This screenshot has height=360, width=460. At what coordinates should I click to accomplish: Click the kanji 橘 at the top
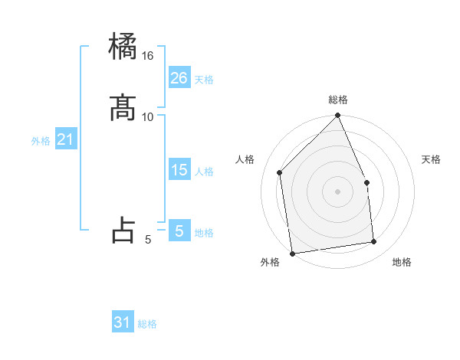(123, 47)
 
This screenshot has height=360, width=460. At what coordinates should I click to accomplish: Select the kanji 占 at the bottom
(123, 229)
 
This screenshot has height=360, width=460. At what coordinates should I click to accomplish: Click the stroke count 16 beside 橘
(148, 56)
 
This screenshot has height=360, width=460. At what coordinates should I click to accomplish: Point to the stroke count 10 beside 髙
(148, 116)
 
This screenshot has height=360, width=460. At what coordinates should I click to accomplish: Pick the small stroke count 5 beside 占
(148, 240)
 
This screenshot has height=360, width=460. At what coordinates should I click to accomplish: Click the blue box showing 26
(179, 77)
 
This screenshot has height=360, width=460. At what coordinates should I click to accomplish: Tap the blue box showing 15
(179, 170)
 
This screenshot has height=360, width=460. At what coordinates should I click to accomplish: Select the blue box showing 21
(66, 139)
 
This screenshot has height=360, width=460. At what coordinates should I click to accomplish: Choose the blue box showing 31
(123, 322)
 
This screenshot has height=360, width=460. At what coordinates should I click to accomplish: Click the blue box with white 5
(179, 231)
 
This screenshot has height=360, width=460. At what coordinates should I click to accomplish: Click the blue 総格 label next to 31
(147, 324)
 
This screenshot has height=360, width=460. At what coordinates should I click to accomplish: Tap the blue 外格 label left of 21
(41, 141)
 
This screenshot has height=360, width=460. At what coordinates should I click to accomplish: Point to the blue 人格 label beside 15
(204, 172)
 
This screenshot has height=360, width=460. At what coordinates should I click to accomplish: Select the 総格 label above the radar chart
(338, 100)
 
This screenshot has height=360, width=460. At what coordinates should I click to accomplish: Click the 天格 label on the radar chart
(432, 159)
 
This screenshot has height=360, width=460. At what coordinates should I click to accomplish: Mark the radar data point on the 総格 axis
(338, 116)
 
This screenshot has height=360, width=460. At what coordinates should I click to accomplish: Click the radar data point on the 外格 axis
(292, 253)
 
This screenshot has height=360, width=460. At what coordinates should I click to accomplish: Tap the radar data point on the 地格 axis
(374, 242)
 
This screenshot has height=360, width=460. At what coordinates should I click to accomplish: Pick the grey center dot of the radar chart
(338, 191)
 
